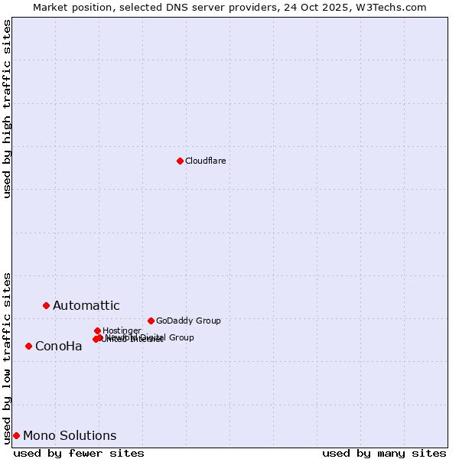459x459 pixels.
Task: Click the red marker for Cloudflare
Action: pyautogui.click(x=180, y=161)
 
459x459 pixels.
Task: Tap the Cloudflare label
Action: pyautogui.click(x=205, y=161)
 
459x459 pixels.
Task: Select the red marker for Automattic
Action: pyautogui.click(x=46, y=305)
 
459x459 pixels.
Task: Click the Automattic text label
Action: pyautogui.click(x=86, y=306)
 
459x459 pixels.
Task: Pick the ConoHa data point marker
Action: pyautogui.click(x=28, y=346)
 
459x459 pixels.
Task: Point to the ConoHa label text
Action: pyautogui.click(x=58, y=347)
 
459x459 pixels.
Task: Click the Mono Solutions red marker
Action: pyautogui.click(x=16, y=435)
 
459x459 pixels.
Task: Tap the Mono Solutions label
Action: pyautogui.click(x=70, y=436)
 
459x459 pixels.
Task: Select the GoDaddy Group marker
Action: pyautogui.click(x=151, y=321)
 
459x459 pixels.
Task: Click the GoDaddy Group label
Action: pyautogui.click(x=188, y=321)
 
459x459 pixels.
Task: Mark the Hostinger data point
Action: pyautogui.click(x=97, y=330)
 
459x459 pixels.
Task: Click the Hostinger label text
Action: pyautogui.click(x=122, y=330)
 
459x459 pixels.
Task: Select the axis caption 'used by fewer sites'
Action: pyautogui.click(x=79, y=453)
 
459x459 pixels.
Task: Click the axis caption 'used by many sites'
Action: pyautogui.click(x=384, y=453)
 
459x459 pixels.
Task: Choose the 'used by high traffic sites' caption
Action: pyautogui.click(x=7, y=109)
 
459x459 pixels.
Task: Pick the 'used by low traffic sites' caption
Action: pyautogui.click(x=7, y=357)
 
